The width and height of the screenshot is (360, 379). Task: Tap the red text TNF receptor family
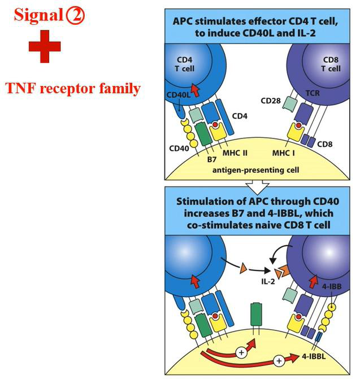[x=73, y=88]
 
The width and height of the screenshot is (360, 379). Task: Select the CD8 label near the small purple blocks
[x=325, y=144]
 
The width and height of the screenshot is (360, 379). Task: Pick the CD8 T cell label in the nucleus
[x=331, y=63]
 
